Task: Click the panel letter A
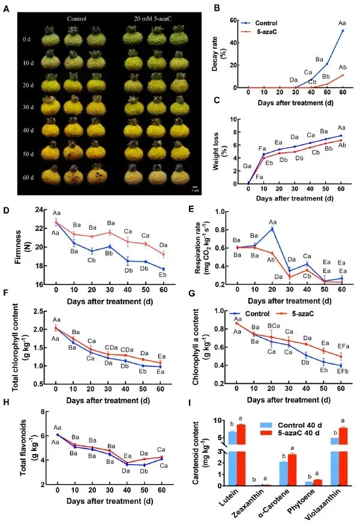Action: (x=6, y=8)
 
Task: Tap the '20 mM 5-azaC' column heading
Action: (x=153, y=19)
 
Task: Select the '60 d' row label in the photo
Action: (x=28, y=178)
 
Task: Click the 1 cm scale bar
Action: (x=195, y=188)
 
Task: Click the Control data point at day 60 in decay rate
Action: (x=343, y=31)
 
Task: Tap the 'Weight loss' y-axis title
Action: (x=220, y=151)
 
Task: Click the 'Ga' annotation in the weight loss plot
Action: (x=247, y=166)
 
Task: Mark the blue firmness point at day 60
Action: (x=163, y=269)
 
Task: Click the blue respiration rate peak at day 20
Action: (x=272, y=229)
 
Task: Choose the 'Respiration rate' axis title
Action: (x=202, y=247)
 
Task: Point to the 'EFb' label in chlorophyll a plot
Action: (x=343, y=371)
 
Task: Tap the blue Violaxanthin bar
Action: (x=335, y=462)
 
